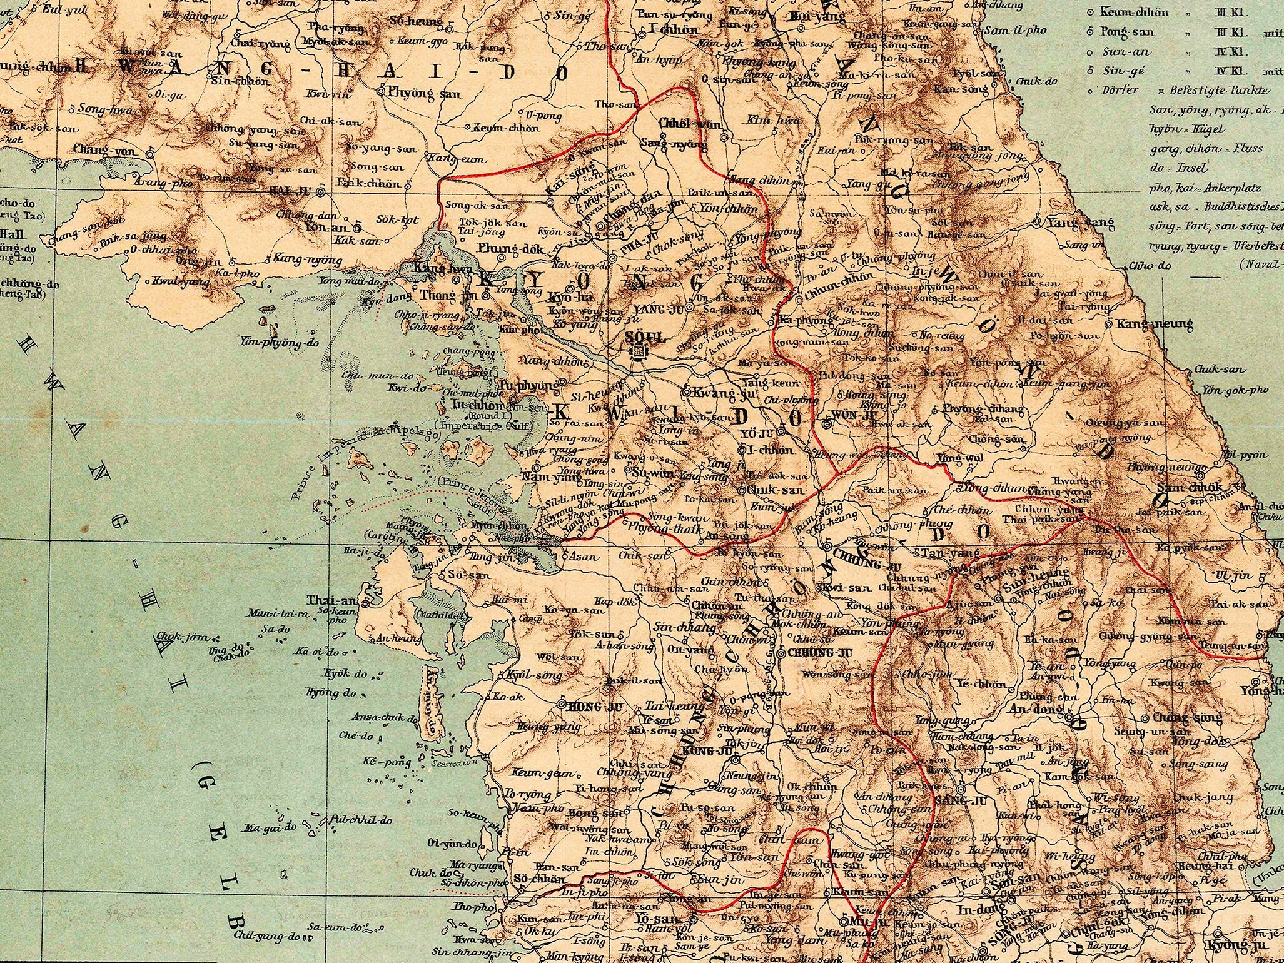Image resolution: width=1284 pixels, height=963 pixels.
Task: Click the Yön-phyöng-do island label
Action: click(279, 342)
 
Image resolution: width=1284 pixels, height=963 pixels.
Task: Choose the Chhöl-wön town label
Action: click(682, 124)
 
